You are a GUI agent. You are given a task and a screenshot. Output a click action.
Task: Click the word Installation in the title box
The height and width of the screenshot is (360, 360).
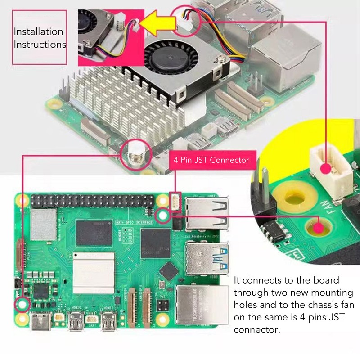pyautogui.click(x=38, y=32)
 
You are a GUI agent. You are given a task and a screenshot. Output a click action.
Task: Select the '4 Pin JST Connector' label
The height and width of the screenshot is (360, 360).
pyautogui.click(x=210, y=160)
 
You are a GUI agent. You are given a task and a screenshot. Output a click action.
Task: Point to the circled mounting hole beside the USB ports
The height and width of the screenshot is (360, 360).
pyautogui.click(x=162, y=216)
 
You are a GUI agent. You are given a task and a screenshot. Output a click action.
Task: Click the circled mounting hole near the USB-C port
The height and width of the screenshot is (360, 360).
pyautogui.click(x=22, y=304)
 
